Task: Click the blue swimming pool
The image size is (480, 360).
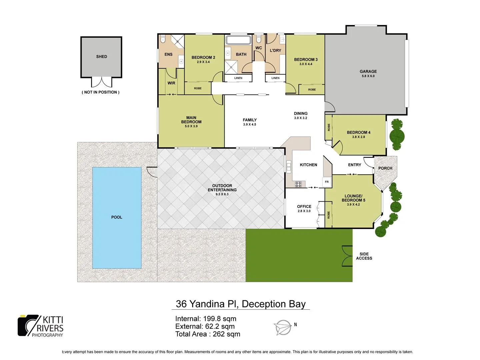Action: (117, 217)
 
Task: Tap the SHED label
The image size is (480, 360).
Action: (102, 57)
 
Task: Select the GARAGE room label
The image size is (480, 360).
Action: (368, 71)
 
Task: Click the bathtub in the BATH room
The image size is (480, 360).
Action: (238, 40)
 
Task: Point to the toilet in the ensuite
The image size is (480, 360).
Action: (163, 39)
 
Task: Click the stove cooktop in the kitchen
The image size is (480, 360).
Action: (298, 184)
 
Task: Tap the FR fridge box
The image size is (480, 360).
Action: (327, 182)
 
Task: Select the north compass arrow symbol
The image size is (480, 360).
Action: (283, 327)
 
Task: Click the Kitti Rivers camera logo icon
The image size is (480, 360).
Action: (28, 325)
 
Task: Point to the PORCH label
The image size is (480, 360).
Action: (385, 168)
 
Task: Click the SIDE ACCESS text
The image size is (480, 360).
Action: (364, 256)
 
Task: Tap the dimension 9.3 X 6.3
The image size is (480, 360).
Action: (222, 194)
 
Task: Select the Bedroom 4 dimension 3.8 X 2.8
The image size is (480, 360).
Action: (358, 137)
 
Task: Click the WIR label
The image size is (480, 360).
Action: (171, 83)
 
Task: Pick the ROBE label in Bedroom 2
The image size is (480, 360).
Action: (198, 88)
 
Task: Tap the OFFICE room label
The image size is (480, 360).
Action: (304, 207)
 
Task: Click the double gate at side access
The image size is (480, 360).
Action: (347, 256)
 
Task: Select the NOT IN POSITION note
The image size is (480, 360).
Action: (100, 92)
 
